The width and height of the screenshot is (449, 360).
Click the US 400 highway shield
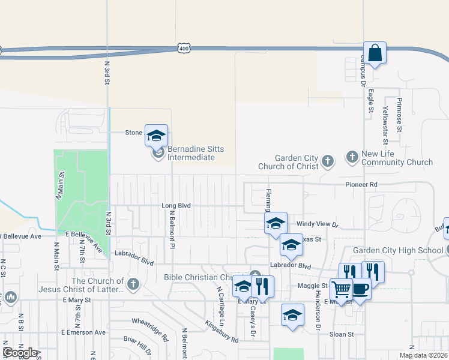(x=184, y=47)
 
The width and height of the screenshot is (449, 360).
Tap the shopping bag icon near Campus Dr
(x=375, y=53)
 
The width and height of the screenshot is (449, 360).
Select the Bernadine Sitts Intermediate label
(x=191, y=153)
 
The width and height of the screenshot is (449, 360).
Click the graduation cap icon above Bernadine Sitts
(x=156, y=135)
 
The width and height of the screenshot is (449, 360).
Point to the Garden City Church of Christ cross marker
(x=327, y=161)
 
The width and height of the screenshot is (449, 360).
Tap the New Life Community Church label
(x=397, y=158)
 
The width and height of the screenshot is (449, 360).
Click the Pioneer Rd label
(x=361, y=184)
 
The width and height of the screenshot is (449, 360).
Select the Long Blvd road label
(x=176, y=205)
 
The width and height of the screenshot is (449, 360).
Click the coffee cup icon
(x=360, y=289)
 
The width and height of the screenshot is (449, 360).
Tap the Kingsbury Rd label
(x=221, y=331)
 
